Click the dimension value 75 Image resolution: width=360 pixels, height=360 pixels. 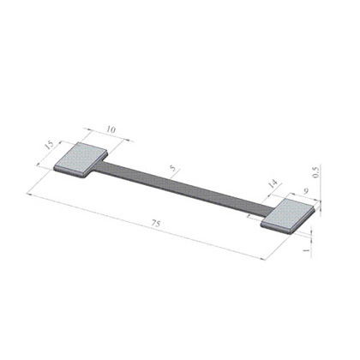pos(156,224)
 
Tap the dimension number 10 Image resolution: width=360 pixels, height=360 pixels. pos(111,129)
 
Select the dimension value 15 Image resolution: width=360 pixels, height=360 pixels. pos(49,145)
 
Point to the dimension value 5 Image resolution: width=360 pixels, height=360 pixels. pos(172,168)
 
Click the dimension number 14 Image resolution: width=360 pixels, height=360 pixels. pos(273,183)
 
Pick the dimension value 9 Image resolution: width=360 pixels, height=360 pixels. pos(306,191)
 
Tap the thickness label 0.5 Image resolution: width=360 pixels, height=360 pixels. pos(315,172)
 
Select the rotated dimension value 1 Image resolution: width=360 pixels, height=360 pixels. pos(306,250)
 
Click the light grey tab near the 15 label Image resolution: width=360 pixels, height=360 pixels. pos(81,159)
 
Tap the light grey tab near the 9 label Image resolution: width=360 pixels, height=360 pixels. pos(289,216)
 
